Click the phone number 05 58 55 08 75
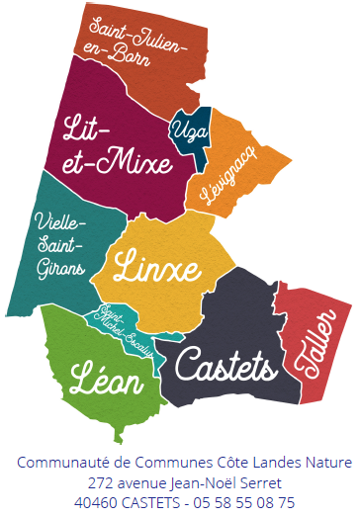pyautogui.click(x=246, y=502)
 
